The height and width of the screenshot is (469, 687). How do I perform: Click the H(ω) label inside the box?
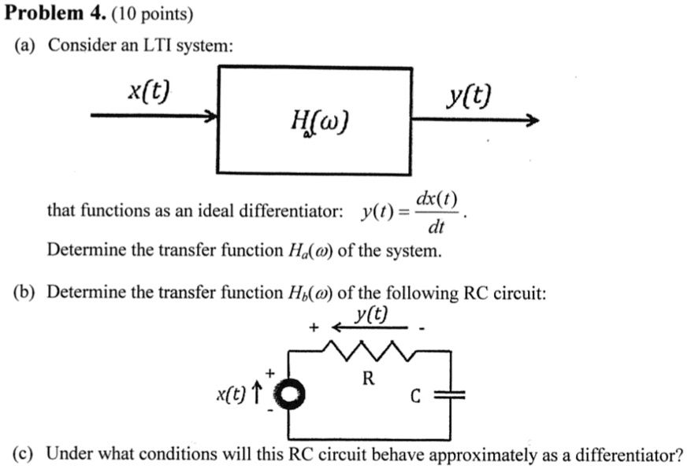tap(318, 122)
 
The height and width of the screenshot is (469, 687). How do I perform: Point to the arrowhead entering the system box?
tap(210, 116)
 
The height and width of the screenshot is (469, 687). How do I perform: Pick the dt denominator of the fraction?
tap(436, 229)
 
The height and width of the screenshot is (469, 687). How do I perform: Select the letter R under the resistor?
tap(367, 378)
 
